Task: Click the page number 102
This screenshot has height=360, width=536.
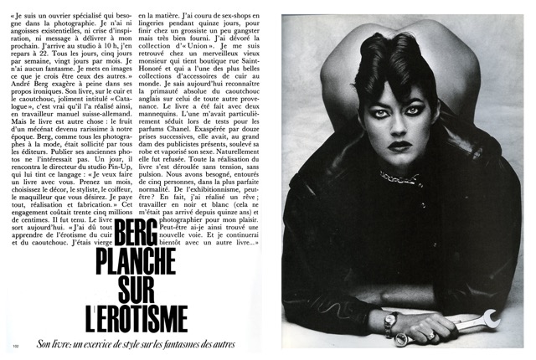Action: [16, 344]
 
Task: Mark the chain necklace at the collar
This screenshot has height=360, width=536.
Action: [399, 178]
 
